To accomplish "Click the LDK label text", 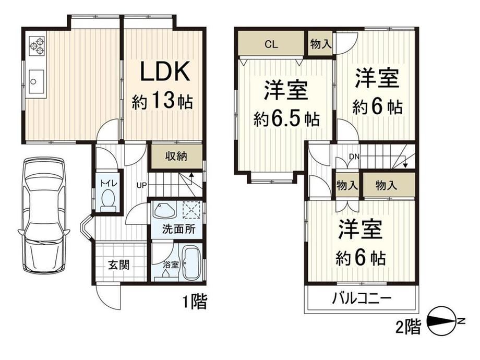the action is click(165, 71).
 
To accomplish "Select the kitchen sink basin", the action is click(36, 81).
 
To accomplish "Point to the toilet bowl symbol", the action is click(108, 200).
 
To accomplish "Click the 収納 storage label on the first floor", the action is click(176, 157).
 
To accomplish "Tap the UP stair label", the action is click(142, 185).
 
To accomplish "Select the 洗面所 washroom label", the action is click(178, 229).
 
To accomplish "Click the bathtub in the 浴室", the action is click(191, 263).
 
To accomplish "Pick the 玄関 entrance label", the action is click(119, 265).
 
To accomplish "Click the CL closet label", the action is click(271, 44).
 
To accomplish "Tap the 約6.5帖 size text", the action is click(286, 119).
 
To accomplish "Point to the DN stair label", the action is click(354, 157).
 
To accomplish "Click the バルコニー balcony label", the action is click(362, 298).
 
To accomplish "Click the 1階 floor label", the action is click(195, 302).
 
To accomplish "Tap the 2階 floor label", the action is click(408, 326).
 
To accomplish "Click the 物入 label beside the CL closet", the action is click(320, 44).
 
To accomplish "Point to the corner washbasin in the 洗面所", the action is click(164, 211).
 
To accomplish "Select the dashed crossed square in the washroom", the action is click(191, 210).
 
